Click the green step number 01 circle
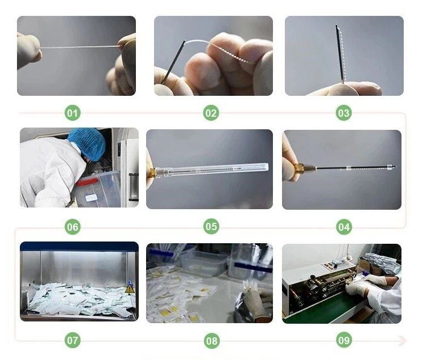72,113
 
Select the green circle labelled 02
211,113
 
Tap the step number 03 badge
344,113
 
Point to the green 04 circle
344,227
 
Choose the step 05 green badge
211,226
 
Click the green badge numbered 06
72,227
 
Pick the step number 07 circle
72,340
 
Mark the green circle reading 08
212,341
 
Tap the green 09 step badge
344,340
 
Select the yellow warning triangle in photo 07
130,289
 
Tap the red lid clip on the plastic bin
87,182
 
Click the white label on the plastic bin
91,198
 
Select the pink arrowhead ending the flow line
402,340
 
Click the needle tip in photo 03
336,25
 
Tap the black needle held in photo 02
173,62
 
